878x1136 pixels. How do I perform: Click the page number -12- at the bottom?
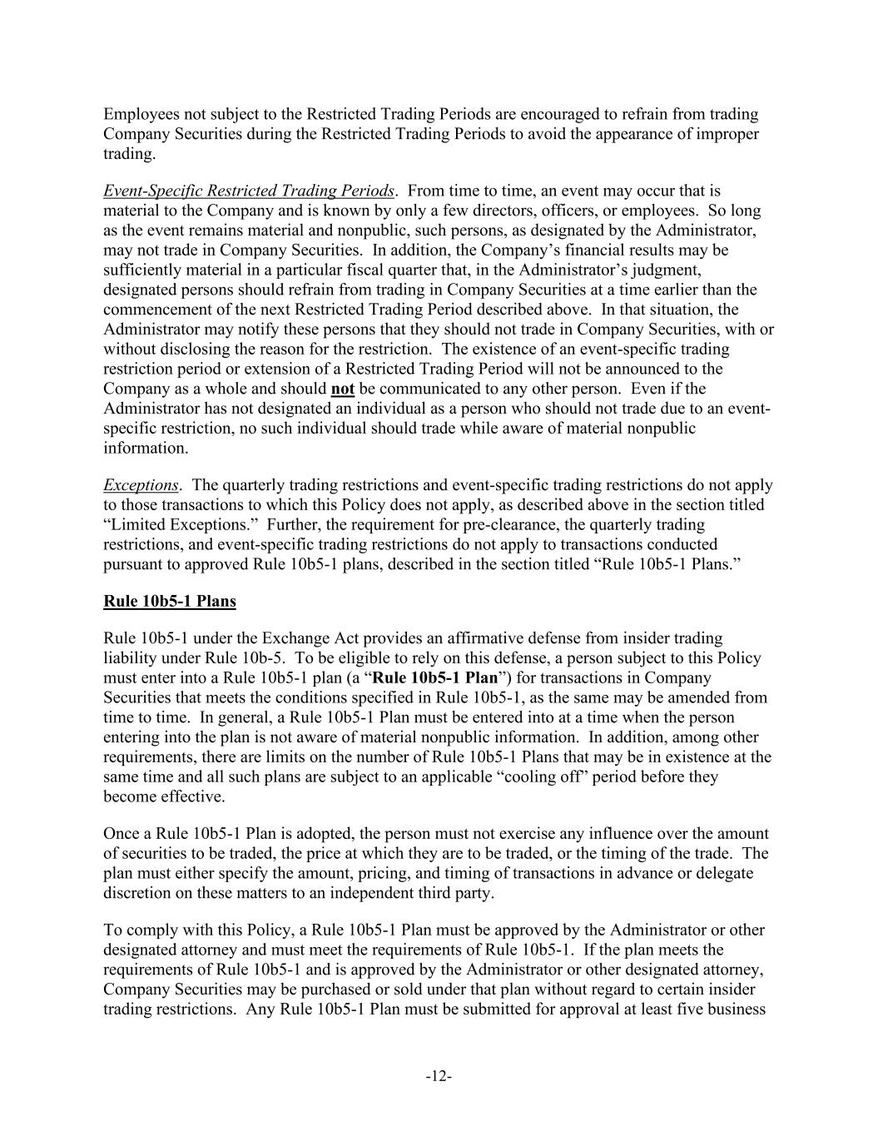pos(439,1076)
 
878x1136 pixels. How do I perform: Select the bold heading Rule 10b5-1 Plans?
pos(170,601)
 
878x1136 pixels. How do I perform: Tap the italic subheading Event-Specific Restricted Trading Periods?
pos(249,191)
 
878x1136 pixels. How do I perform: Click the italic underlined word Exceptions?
pos(141,484)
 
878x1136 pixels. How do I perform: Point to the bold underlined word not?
pos(342,389)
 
